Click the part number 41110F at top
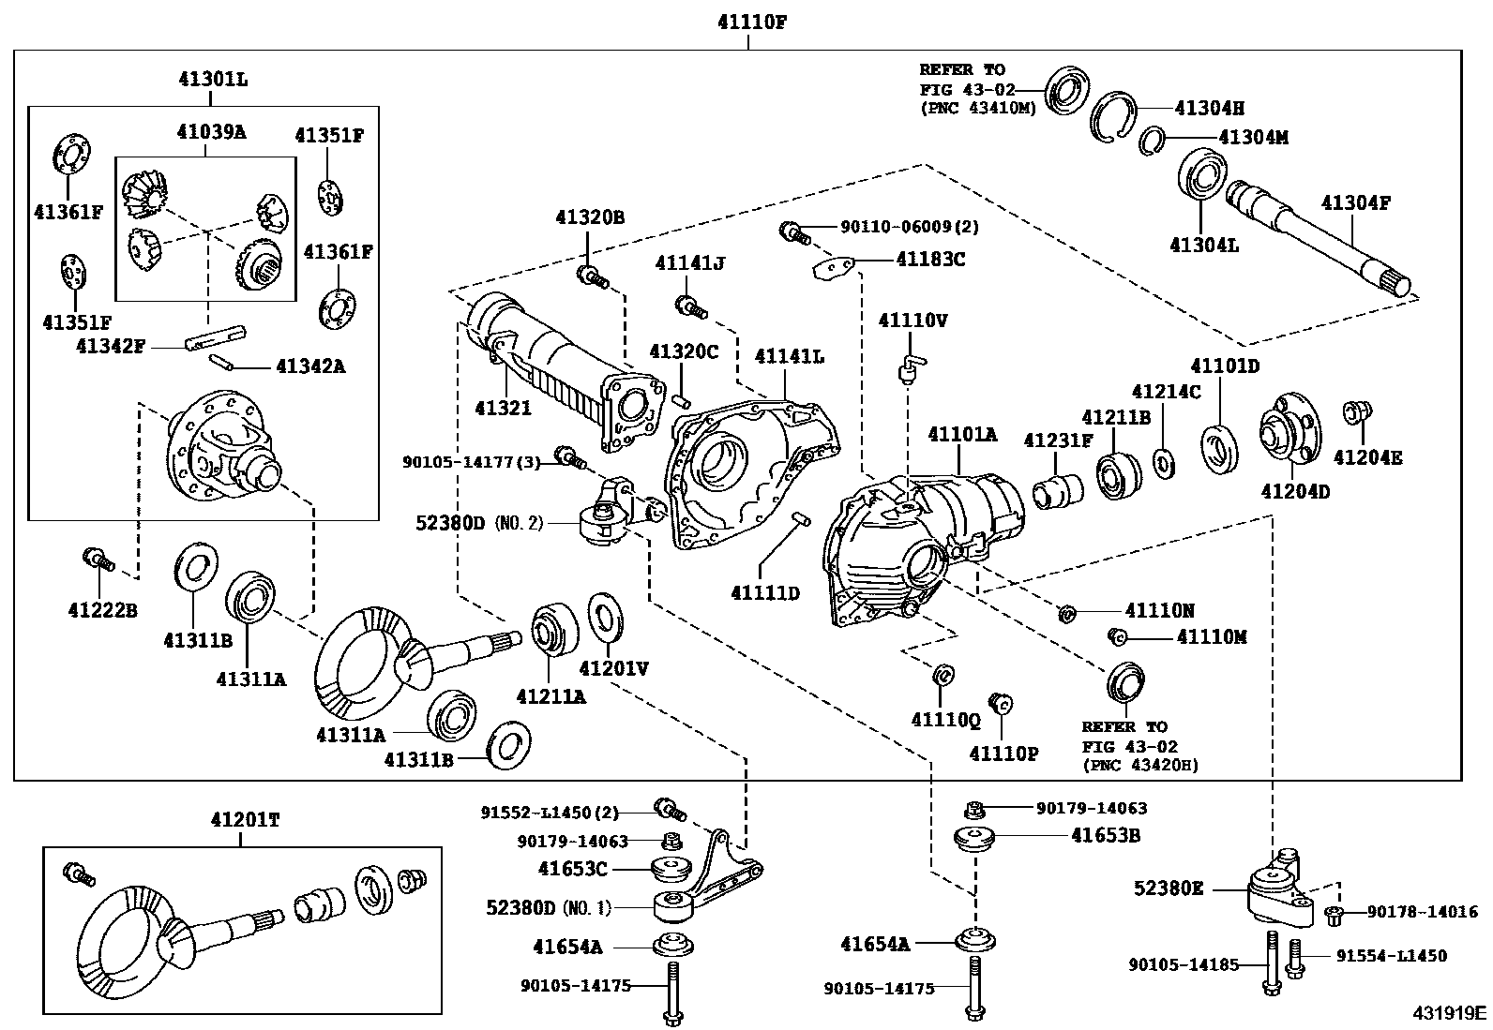[x=752, y=22]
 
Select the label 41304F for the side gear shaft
[x=1356, y=202]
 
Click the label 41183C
[x=929, y=260]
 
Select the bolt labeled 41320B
[x=592, y=276]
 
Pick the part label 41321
[x=504, y=408]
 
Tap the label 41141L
[x=789, y=356]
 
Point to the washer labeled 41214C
[x=1165, y=464]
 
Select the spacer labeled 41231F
[x=1057, y=492]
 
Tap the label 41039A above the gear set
[x=211, y=132]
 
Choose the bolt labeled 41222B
[x=98, y=560]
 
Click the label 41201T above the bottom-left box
[x=246, y=819]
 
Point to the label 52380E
[x=1169, y=888]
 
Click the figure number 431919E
[x=1448, y=1013]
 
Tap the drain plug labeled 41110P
[x=1001, y=704]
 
